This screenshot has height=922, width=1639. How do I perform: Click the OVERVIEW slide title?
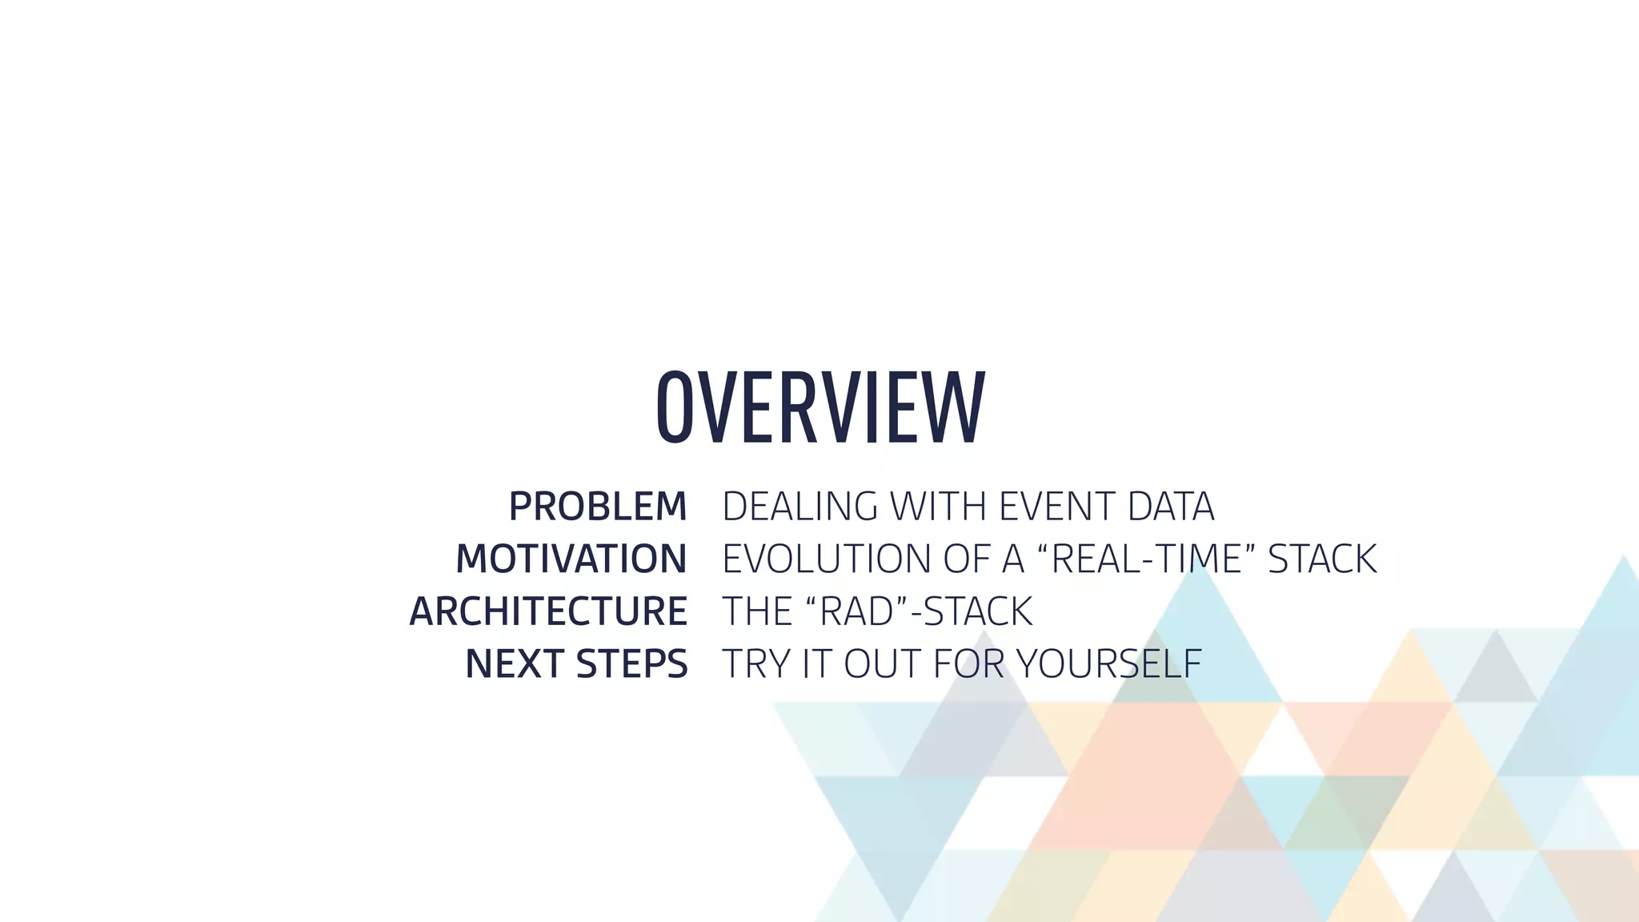click(x=820, y=407)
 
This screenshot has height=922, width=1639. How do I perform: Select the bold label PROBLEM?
click(x=598, y=507)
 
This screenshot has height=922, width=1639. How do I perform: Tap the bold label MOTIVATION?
click(x=571, y=559)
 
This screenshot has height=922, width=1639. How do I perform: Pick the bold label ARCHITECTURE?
click(x=548, y=611)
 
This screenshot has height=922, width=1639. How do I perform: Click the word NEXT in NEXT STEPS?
click(x=514, y=664)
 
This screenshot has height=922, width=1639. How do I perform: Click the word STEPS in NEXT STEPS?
click(x=631, y=664)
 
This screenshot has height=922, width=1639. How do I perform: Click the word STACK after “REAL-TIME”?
click(x=1322, y=559)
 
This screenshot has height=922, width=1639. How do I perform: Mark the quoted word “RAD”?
click(x=856, y=611)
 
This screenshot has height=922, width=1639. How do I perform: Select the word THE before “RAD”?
click(x=756, y=611)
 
